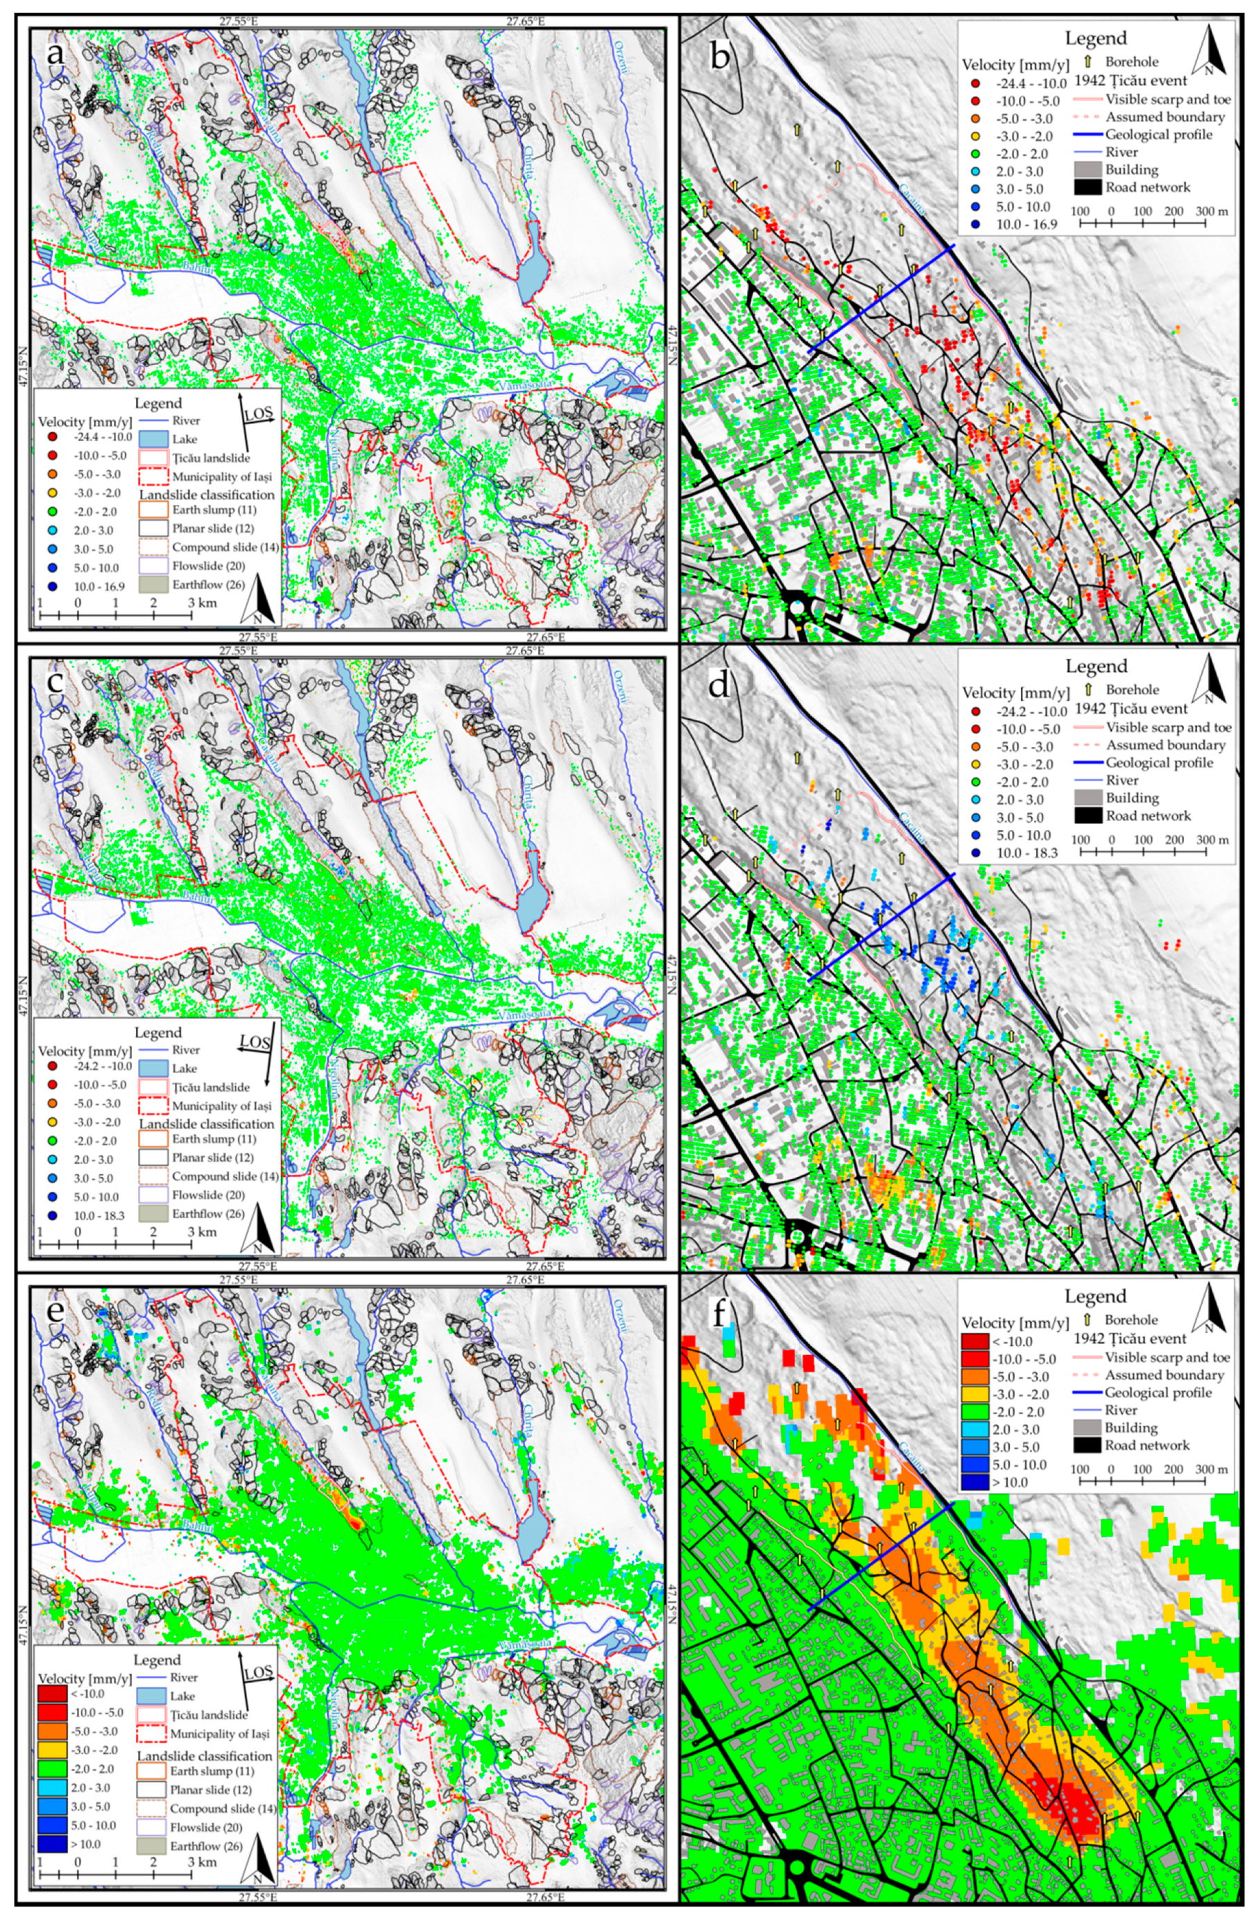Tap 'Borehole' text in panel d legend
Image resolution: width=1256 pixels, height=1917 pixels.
1132,689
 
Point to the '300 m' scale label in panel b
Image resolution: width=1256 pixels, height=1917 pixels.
1212,211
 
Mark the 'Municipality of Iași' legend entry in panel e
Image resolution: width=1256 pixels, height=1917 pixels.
220,1733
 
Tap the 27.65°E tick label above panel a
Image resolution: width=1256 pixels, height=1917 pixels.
525,21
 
